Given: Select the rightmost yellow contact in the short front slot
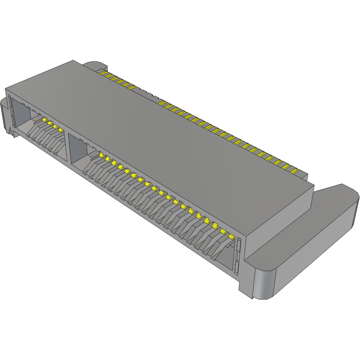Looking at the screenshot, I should [61, 130].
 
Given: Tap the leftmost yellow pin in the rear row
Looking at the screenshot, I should [104, 73].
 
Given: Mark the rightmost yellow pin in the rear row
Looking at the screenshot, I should [294, 170].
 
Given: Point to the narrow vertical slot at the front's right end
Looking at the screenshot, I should [237, 256].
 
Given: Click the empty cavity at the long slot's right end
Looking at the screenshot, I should [225, 258].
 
